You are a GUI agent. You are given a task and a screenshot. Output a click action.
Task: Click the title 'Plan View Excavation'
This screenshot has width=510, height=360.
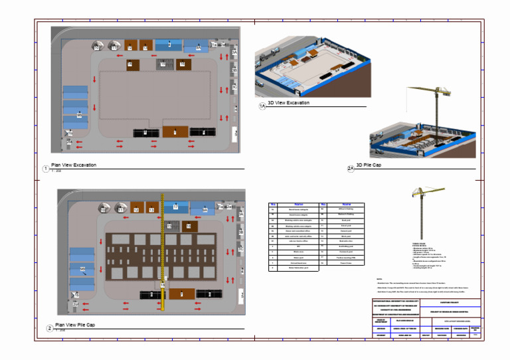(x=74, y=165)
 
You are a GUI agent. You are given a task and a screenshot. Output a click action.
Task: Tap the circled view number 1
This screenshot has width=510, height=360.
(x=45, y=169)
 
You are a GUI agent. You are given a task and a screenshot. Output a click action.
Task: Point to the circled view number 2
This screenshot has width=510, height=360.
(x=49, y=329)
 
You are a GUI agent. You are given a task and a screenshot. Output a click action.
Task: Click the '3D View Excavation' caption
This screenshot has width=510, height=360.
(x=289, y=103)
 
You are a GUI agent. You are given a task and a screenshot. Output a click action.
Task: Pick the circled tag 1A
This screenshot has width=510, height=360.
(x=262, y=106)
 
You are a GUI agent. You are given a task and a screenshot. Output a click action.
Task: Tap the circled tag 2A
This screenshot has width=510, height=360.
(x=351, y=169)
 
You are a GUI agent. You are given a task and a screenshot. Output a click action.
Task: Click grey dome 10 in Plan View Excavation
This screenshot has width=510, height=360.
(x=96, y=46)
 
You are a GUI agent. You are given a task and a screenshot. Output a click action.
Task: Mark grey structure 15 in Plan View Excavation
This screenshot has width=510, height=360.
(x=162, y=64)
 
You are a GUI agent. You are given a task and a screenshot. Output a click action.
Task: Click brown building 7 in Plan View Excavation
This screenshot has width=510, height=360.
(x=175, y=132)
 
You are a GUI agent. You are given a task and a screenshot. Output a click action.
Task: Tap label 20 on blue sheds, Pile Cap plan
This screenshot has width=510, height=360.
(x=82, y=268)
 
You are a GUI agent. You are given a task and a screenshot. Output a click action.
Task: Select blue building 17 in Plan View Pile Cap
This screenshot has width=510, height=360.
(x=175, y=207)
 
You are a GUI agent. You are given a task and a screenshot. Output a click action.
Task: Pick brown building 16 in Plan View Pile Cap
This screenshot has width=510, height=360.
(x=188, y=226)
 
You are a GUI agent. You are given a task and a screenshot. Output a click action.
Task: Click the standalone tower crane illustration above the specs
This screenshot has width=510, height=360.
(x=422, y=213)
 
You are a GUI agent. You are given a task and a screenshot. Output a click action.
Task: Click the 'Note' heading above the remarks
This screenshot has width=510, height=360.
(x=379, y=278)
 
